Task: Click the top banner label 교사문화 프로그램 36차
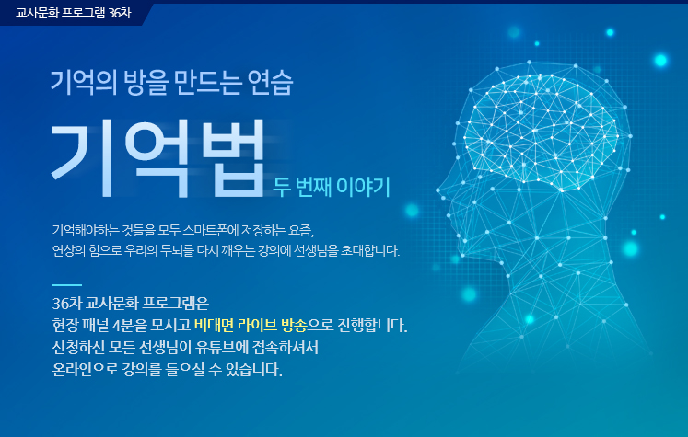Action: coord(74,13)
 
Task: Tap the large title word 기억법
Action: coord(158,158)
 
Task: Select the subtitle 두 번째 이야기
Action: coord(332,187)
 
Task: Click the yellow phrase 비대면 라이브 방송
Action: coord(251,326)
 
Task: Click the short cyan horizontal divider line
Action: coord(67,285)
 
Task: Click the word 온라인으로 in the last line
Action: coord(85,370)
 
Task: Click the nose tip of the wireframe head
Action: coord(437,190)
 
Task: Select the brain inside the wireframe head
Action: coord(542,132)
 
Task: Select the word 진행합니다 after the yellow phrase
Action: coord(372,326)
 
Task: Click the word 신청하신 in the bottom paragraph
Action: coord(78,348)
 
